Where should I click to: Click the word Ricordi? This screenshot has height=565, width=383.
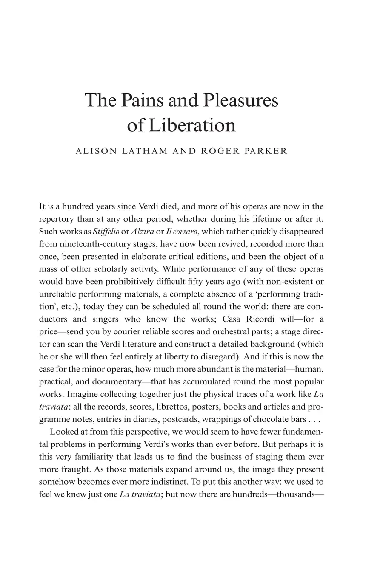pyautogui.click(x=267, y=319)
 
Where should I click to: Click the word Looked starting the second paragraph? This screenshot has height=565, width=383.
pyautogui.click(x=63, y=432)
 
